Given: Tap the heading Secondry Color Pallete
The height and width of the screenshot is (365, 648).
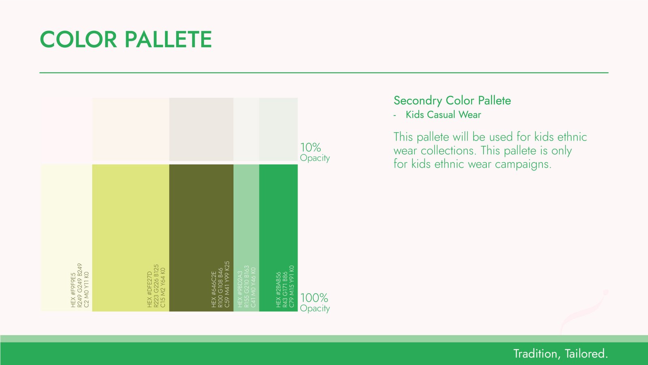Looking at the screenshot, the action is coord(452,101).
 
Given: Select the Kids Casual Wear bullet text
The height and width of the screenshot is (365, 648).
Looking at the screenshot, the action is coord(443,115).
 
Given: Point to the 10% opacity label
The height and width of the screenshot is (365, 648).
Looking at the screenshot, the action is coord(315,152).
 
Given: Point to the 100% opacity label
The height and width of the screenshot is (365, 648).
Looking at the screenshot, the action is coord(315,303).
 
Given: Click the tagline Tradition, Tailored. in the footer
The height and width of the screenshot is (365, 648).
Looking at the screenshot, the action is coord(561,354).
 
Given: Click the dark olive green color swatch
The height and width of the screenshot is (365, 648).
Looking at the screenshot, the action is coord(201,238).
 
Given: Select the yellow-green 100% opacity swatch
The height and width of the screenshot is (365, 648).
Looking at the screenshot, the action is coord(131,238).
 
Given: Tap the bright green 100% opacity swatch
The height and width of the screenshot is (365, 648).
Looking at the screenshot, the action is coord(278,238).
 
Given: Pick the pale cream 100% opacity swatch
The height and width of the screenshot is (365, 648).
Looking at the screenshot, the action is coord(66,238).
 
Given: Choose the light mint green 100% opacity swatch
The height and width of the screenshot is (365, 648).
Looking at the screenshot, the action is coord(246,238).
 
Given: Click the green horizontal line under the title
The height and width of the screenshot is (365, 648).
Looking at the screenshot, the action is coord(324,73).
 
